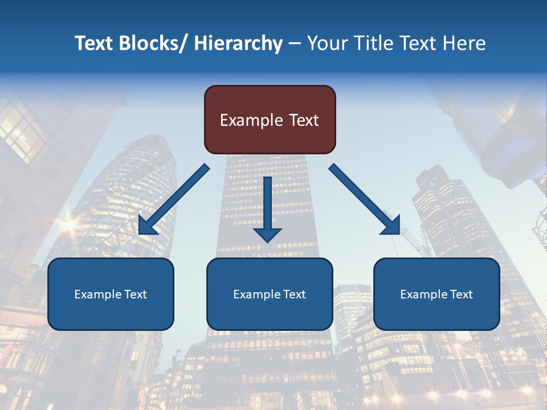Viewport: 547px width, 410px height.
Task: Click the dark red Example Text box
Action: point(270,120)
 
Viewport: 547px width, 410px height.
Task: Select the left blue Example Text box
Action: point(111,294)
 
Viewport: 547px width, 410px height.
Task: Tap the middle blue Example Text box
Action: point(270,294)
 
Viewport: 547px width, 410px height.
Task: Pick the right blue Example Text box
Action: point(436,294)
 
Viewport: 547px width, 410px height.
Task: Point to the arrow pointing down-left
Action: point(174,199)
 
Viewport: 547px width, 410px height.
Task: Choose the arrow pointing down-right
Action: point(365,199)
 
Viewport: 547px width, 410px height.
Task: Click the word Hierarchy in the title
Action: point(238,43)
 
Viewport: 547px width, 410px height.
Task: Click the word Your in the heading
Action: point(326,43)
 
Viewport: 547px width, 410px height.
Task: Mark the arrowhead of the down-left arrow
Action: point(147,226)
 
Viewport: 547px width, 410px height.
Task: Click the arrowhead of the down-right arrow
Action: point(391,226)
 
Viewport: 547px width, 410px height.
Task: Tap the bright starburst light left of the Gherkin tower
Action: point(68,224)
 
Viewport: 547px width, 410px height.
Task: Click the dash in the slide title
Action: point(295,44)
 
